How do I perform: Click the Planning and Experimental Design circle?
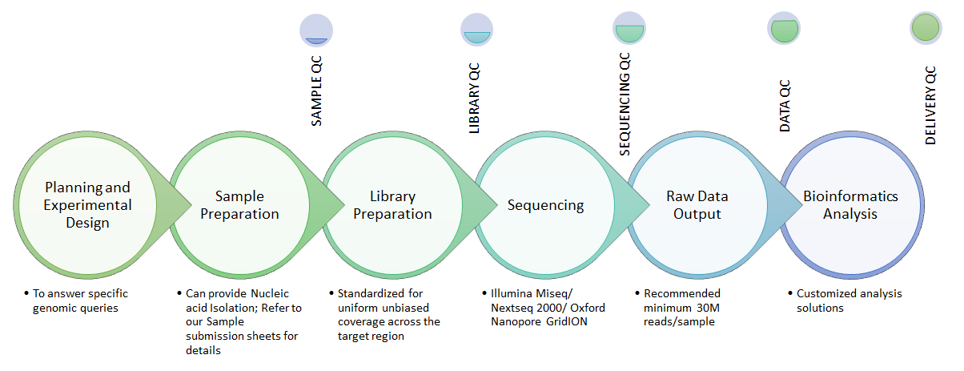(87, 205)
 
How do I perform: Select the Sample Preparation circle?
(240, 205)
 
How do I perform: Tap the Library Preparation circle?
(392, 205)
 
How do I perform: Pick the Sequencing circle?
(545, 205)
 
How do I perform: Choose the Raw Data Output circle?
(697, 205)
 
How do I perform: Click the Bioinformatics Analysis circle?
(851, 205)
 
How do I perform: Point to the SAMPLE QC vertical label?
(316, 91)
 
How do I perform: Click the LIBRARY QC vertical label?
(474, 99)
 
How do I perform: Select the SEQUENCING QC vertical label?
(625, 104)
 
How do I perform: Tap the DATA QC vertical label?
(785, 106)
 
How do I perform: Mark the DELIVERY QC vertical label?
(930, 106)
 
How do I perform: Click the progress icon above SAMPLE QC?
(316, 30)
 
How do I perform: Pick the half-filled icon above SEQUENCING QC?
(629, 28)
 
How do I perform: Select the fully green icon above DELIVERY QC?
(926, 28)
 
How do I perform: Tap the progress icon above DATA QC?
(784, 29)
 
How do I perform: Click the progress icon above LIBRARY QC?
(477, 30)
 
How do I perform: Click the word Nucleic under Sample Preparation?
(270, 293)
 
